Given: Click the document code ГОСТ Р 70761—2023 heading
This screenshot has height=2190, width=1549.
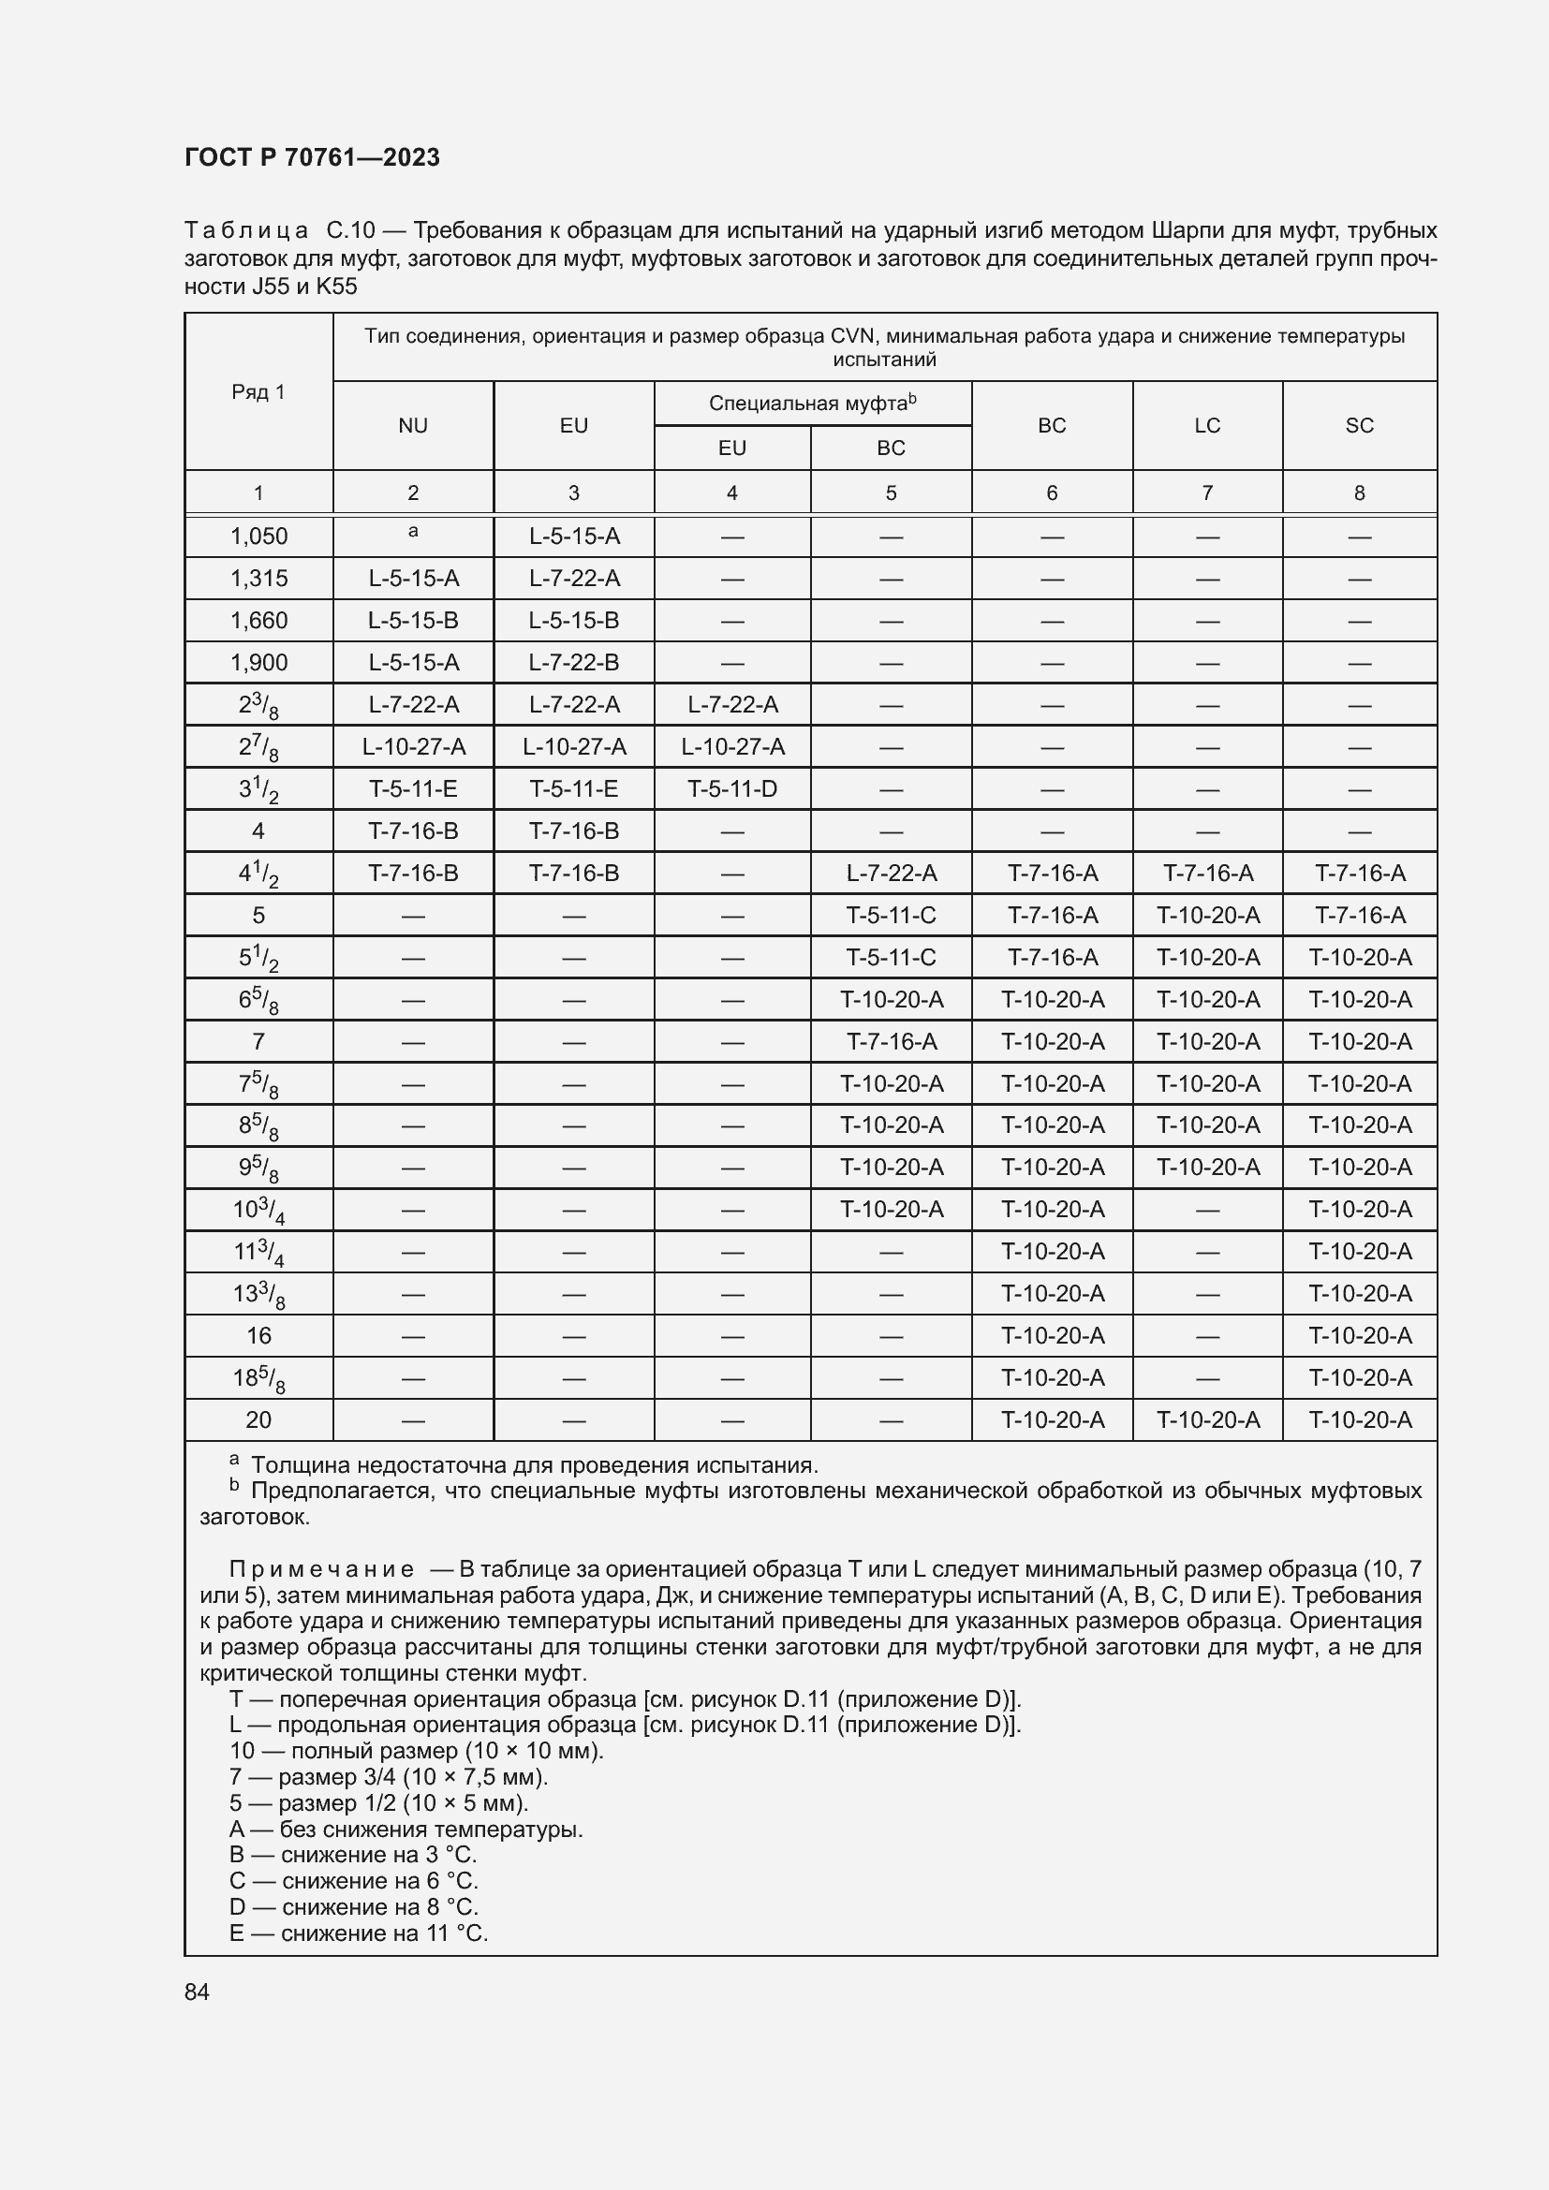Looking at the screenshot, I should click(x=312, y=157).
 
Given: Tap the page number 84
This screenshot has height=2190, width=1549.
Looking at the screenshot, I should click(x=197, y=1992).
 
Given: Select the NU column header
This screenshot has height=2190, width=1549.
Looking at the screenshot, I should click(x=413, y=425).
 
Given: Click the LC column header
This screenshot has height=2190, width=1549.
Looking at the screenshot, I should click(x=1206, y=425).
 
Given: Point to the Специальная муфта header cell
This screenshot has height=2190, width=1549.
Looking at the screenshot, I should click(x=812, y=404).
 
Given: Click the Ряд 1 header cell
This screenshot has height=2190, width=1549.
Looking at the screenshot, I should click(x=258, y=391).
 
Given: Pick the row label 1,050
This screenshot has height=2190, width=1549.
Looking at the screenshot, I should click(x=258, y=536).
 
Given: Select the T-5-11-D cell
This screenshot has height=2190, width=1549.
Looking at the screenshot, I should click(x=731, y=788).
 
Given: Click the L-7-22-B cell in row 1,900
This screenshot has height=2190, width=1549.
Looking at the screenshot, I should click(x=573, y=662).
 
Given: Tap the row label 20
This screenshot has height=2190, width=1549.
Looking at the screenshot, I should click(x=258, y=1420).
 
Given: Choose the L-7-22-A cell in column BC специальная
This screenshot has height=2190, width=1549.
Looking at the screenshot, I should click(x=891, y=873).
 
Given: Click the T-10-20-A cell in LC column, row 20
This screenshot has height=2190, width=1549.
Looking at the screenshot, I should click(x=1207, y=1420).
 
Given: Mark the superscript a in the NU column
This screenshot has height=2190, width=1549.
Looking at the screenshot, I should click(x=413, y=532).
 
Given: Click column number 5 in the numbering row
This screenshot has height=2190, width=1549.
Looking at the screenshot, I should click(x=891, y=493).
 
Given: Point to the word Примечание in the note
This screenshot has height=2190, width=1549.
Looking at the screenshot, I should click(x=321, y=1569).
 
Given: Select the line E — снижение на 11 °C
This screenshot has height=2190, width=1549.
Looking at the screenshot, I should click(x=359, y=1933).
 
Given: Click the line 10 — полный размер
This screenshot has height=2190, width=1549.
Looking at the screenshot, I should click(x=416, y=1750).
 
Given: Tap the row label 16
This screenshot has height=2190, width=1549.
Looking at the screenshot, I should click(x=258, y=1335).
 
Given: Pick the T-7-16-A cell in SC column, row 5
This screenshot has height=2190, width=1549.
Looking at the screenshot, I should click(x=1359, y=916).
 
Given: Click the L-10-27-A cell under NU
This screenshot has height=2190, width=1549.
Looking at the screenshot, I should click(x=413, y=747).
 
